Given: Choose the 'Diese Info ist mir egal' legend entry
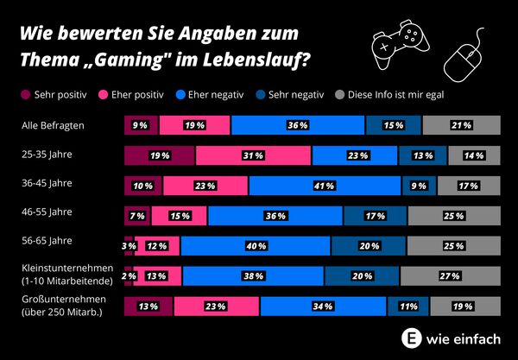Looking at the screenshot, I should coord(395,94).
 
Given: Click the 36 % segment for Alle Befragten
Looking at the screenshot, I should coord(298,126).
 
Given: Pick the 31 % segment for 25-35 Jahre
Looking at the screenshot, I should coord(253,156).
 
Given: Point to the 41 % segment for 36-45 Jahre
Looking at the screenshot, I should coord(325,186).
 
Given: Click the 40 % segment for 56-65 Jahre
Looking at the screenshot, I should coord(255,246).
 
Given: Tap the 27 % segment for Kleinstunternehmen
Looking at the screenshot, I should coord(450,275).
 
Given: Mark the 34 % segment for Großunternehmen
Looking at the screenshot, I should coord(299,305).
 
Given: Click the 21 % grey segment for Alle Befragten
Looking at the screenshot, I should coord(461,126).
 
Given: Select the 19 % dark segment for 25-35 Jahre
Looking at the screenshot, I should coord(160,156).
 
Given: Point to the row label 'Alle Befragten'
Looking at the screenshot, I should coord(53,126).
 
